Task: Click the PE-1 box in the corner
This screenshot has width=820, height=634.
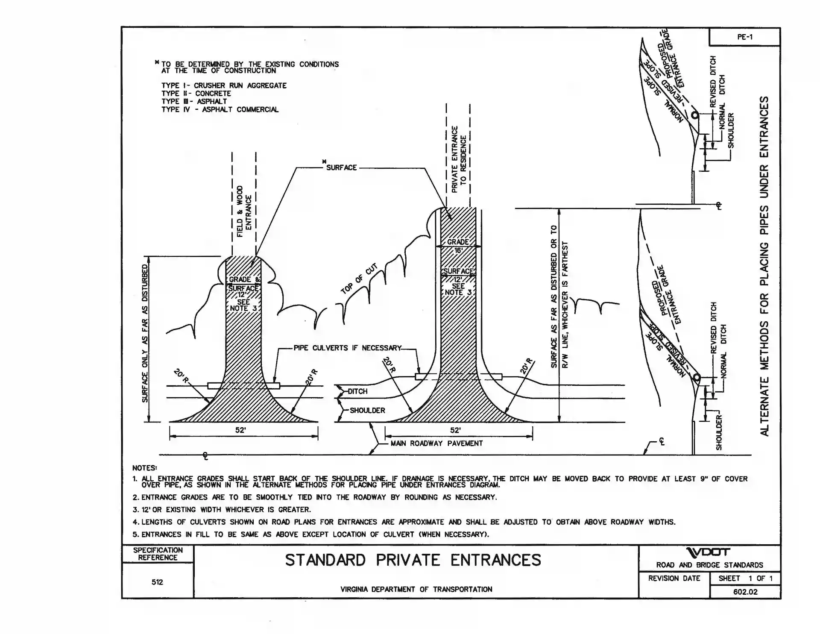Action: pyautogui.click(x=744, y=37)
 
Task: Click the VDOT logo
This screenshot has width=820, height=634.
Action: pyautogui.click(x=709, y=552)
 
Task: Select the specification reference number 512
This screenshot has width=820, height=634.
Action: pyautogui.click(x=157, y=582)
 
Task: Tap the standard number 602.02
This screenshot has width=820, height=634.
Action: pyautogui.click(x=745, y=592)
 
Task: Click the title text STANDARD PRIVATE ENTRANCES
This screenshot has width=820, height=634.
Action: pyautogui.click(x=413, y=560)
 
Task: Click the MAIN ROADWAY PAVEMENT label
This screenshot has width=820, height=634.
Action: pyautogui.click(x=436, y=443)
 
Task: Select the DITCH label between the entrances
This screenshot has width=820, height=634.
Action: pyautogui.click(x=357, y=391)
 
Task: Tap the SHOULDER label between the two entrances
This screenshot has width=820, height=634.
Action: pyautogui.click(x=367, y=411)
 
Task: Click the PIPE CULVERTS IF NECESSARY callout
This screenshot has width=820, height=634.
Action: pyautogui.click(x=347, y=348)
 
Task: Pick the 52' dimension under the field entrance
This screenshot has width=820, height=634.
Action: pyautogui.click(x=240, y=430)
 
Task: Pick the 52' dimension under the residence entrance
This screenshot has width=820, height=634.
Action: pyautogui.click(x=455, y=430)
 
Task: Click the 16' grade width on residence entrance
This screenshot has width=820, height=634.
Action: pyautogui.click(x=458, y=251)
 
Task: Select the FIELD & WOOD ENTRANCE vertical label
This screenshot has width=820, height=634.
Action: pyautogui.click(x=244, y=211)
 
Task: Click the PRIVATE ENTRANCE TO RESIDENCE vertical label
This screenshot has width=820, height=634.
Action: pyautogui.click(x=458, y=159)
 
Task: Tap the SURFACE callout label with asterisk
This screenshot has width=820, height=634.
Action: pyautogui.click(x=341, y=167)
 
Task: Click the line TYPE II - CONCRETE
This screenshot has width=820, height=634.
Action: pyautogui.click(x=196, y=94)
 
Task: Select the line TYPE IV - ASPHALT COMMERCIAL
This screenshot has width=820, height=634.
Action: pyautogui.click(x=220, y=109)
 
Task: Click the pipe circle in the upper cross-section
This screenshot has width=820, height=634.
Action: pyautogui.click(x=695, y=115)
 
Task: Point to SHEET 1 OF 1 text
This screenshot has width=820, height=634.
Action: pyautogui.click(x=745, y=578)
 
